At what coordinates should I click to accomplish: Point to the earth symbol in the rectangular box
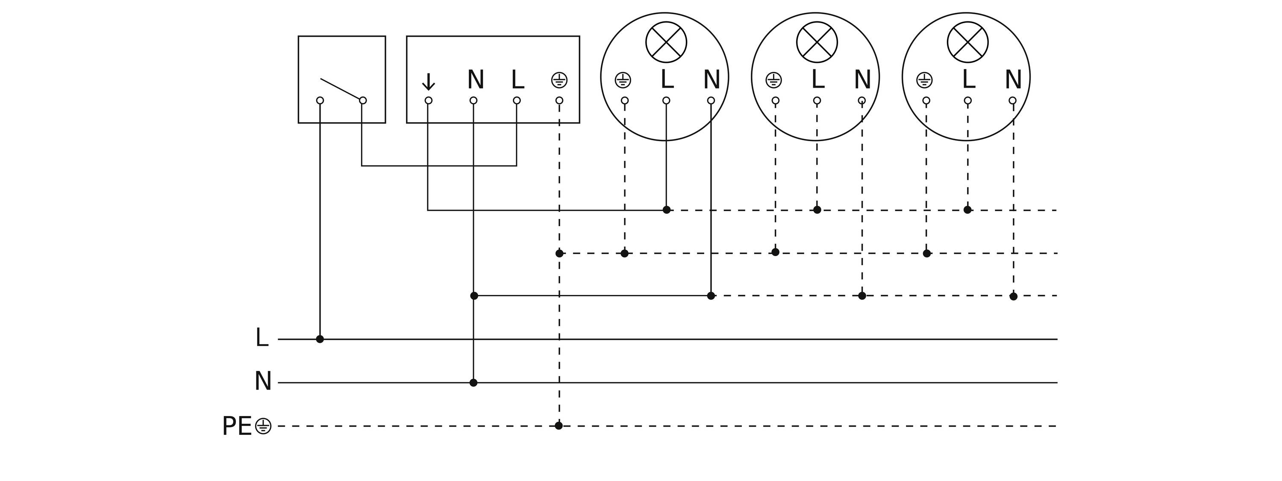[x=559, y=80]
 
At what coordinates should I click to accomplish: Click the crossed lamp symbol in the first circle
[x=666, y=42]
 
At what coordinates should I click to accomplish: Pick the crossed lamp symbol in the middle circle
[x=817, y=42]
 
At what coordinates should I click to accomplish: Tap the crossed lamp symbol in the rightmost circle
[x=967, y=42]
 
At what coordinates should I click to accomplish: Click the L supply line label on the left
[x=262, y=338]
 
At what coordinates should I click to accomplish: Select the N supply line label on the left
[x=263, y=381]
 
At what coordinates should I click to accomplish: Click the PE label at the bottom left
[x=237, y=426]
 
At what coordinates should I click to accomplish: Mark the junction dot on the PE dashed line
[x=559, y=426]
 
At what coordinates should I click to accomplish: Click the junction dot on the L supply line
[x=320, y=339]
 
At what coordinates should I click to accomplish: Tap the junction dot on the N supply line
[x=473, y=382]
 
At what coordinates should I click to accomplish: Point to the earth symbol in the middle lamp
[x=773, y=80]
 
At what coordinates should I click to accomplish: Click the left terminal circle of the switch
[x=320, y=100]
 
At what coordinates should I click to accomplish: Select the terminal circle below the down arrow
[x=429, y=100]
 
